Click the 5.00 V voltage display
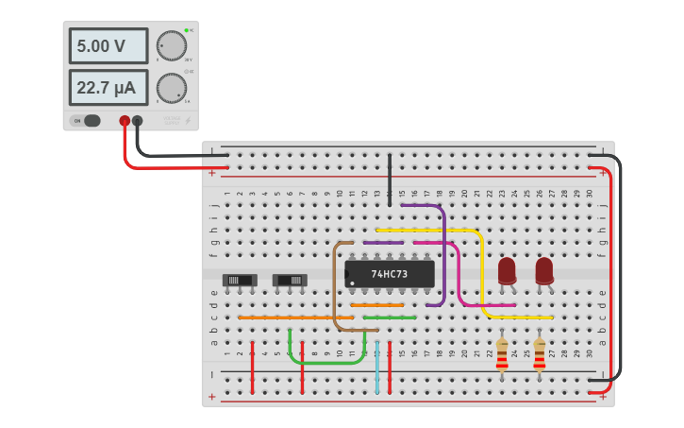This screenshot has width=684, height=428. (x=108, y=45)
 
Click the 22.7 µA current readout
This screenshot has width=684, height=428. (x=108, y=88)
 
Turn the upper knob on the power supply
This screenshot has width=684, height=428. (x=172, y=46)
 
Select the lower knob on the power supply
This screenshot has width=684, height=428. (x=171, y=88)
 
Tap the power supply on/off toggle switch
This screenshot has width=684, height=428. (x=88, y=120)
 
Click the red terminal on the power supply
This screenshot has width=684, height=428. (x=124, y=121)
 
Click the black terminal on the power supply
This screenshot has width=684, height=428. (x=138, y=121)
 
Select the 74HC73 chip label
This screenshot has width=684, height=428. (x=390, y=274)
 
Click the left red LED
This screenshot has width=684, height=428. (x=507, y=270)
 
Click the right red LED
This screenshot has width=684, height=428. (x=544, y=270)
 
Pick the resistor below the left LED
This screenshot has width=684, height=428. (x=502, y=354)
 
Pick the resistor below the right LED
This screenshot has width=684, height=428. (x=540, y=354)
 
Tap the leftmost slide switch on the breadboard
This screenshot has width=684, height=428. (x=240, y=280)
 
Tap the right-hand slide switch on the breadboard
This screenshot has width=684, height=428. (x=289, y=280)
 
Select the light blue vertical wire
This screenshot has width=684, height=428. (x=377, y=368)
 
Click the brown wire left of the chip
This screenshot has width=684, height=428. (x=335, y=283)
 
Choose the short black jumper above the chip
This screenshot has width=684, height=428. (x=390, y=180)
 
